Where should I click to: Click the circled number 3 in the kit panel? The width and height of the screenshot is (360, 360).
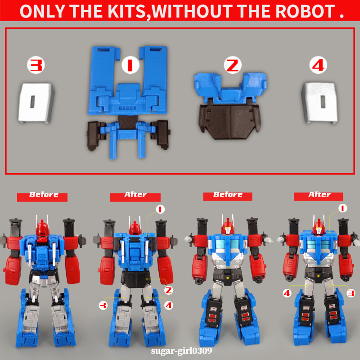36,65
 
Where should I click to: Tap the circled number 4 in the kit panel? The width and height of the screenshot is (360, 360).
318,65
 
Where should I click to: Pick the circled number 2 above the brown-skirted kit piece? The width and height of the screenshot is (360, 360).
232,66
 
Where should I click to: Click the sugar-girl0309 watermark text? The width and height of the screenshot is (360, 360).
180,350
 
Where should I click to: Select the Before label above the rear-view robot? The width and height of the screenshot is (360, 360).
43,195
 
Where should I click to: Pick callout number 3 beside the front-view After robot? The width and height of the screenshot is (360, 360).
351,293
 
